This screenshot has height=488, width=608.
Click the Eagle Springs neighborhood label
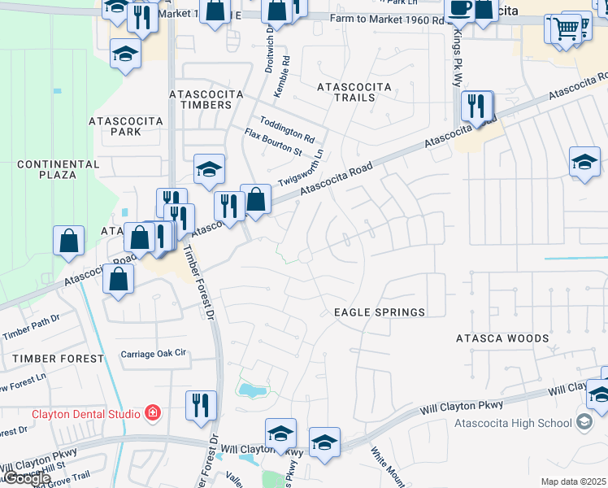pos(380,312)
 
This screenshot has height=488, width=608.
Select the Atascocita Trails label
pos(354,92)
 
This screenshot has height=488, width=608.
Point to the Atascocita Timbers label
pos(206,99)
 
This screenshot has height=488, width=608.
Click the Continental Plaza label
pos(58,169)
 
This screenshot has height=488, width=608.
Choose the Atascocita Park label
pos(126,126)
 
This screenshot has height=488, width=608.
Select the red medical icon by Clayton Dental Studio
pos(151,413)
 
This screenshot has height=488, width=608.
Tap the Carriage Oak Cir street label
pos(154,354)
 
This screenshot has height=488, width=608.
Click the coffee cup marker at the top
pos(460,8)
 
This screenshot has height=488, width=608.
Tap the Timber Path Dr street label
pos(32,326)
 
